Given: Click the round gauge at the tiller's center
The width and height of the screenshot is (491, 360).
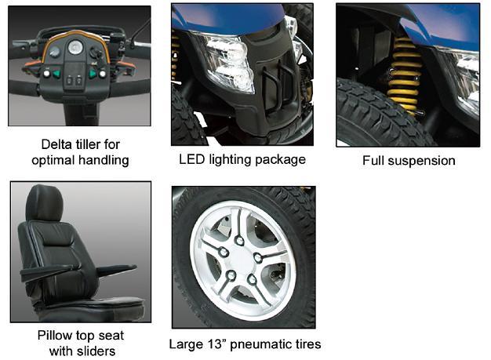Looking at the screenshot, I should point(76,48).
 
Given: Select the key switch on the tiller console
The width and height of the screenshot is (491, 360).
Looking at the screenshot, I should point(96,53).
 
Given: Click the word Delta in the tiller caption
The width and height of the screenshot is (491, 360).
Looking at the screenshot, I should point(56,145).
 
